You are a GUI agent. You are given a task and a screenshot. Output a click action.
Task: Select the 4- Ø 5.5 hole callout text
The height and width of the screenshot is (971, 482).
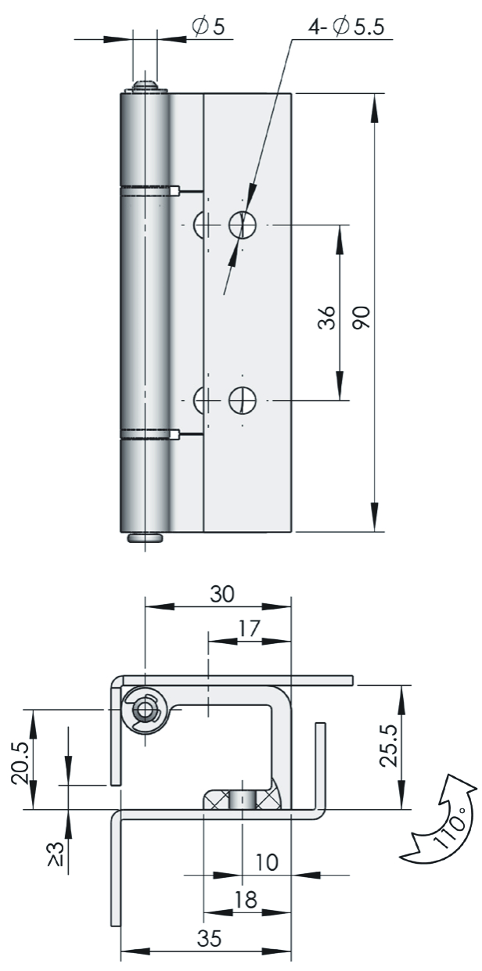pos(346,27)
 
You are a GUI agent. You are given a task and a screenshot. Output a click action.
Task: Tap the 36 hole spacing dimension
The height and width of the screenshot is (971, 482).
pos(326,318)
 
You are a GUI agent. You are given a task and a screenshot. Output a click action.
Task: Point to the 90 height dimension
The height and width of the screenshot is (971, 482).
pos(361,318)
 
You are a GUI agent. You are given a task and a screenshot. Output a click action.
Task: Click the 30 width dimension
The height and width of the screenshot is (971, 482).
pos(222,594)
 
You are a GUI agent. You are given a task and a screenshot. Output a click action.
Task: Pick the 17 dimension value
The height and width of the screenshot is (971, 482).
pos(250,628)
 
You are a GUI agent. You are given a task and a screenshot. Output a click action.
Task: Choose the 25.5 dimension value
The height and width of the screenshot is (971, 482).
pos(389,746)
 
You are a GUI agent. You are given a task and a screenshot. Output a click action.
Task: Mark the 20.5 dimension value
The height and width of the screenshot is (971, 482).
pos(20,763)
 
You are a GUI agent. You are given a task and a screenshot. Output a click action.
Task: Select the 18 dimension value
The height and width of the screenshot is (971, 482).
pos(246,900)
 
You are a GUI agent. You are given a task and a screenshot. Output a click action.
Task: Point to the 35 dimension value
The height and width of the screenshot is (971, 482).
pos(210,938)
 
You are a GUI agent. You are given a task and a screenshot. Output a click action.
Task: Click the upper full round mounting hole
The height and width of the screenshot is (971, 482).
pos(243,225)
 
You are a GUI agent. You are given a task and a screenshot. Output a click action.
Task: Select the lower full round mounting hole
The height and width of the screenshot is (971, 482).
pos(243,399)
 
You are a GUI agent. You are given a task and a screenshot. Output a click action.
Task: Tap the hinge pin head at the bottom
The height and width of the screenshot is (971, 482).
pos(146,538)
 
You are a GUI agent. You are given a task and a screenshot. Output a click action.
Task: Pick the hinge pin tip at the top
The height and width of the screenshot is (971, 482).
pos(146,85)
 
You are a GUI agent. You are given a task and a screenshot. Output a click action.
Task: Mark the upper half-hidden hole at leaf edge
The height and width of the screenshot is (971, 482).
pos(199,225)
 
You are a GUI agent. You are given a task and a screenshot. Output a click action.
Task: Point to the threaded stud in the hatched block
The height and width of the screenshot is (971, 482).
pos(242,800)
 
